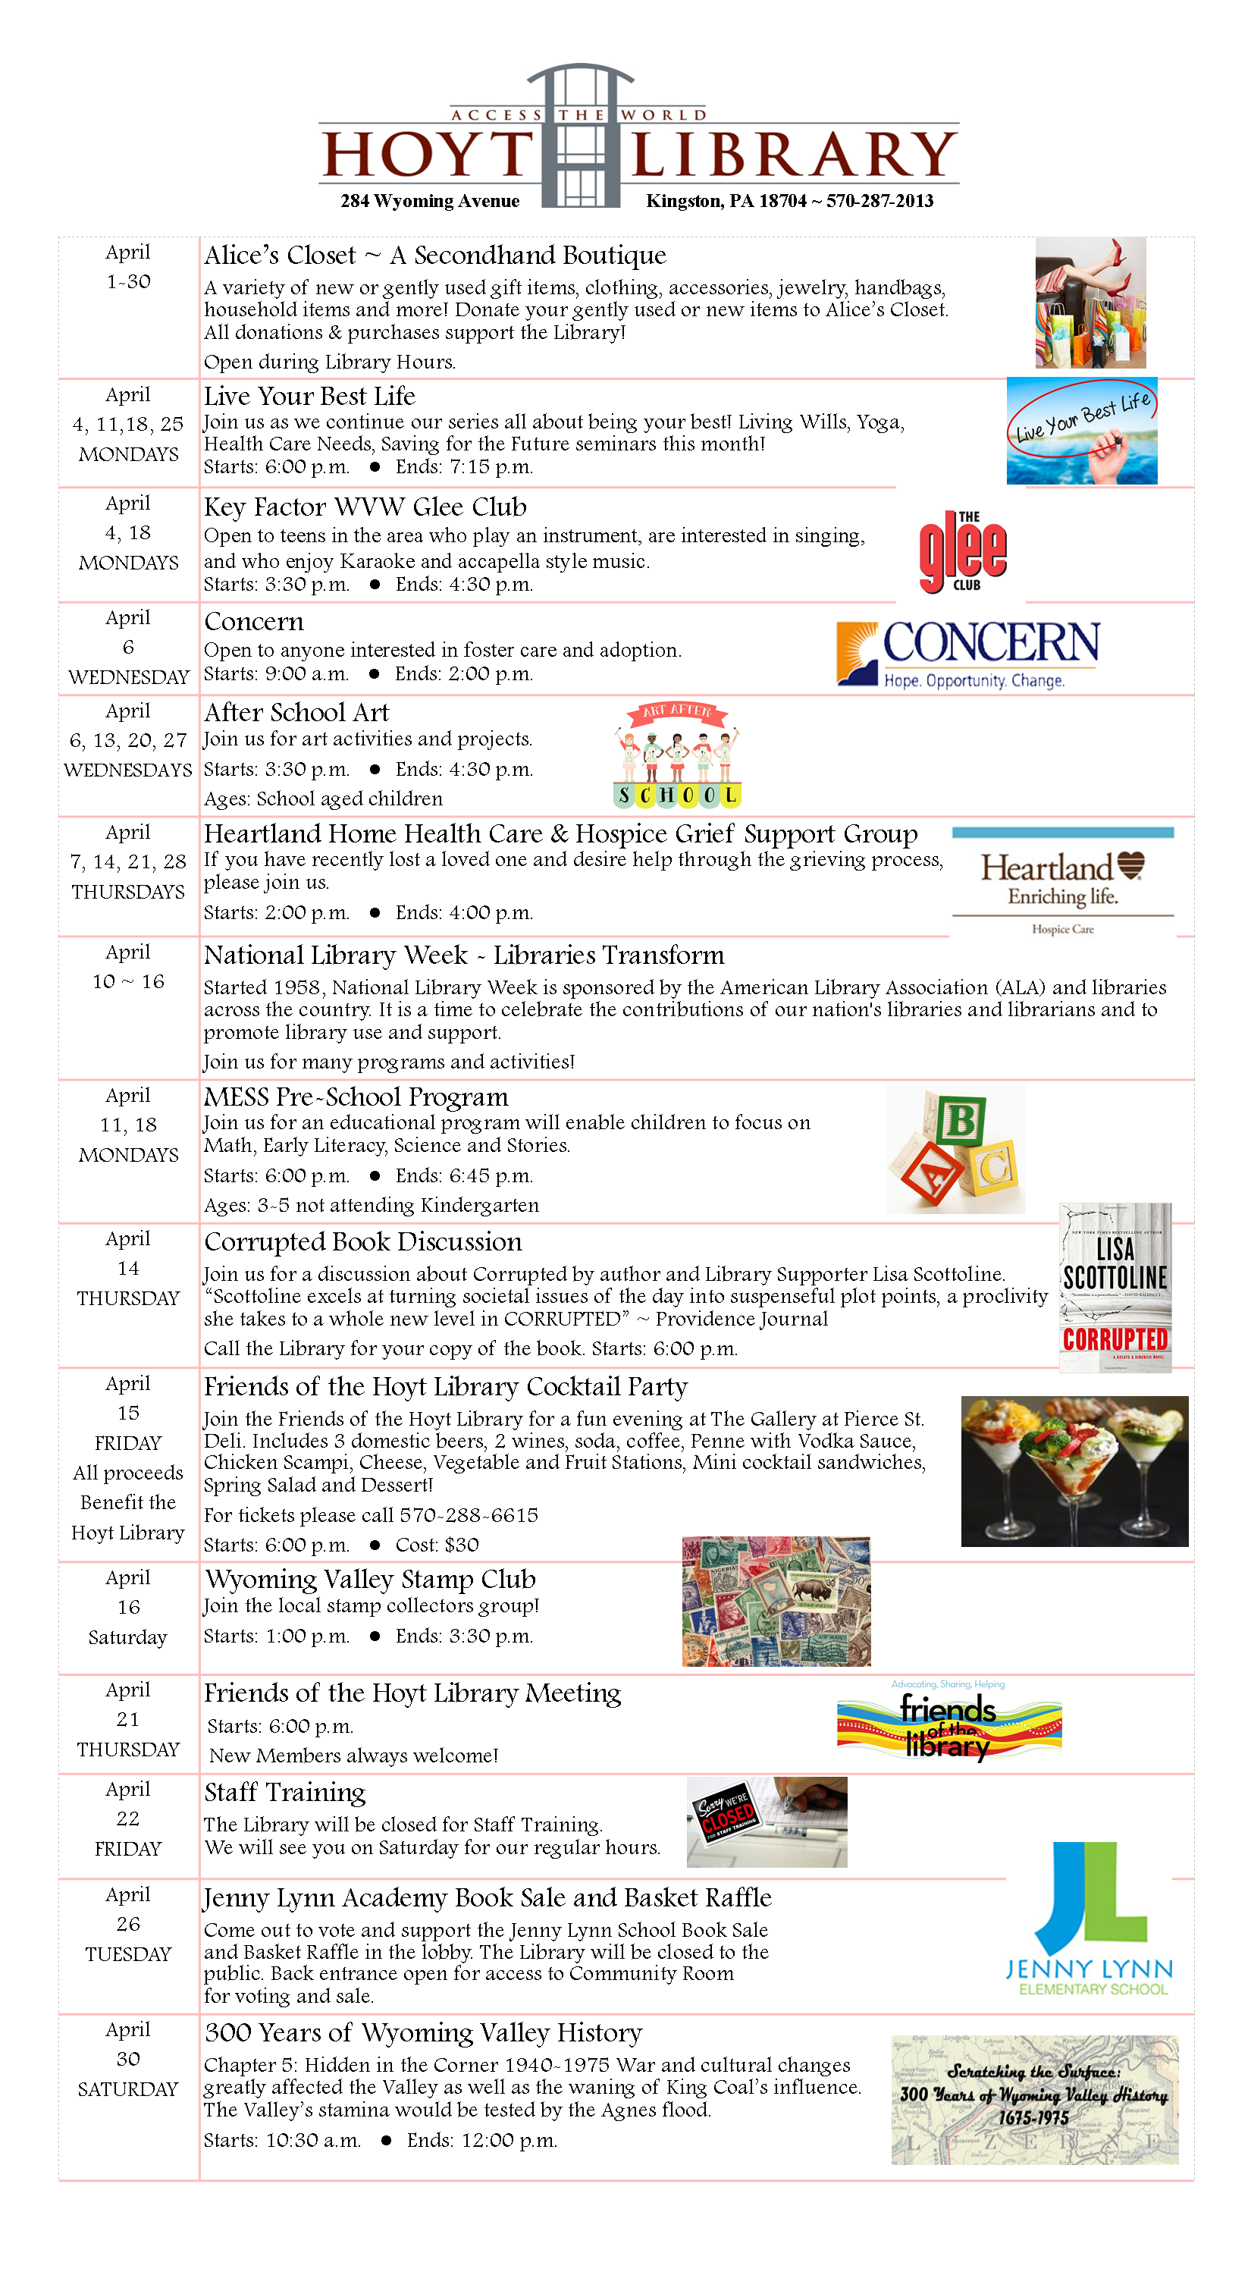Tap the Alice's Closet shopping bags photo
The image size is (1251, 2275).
tap(1090, 303)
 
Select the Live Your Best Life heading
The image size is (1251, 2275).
tap(309, 397)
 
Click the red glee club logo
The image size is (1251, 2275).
tap(962, 552)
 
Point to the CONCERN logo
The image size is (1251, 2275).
tap(967, 653)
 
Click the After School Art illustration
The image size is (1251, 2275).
tap(677, 755)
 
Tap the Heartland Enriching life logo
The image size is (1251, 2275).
tap(1062, 880)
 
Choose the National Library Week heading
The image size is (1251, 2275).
tap(463, 955)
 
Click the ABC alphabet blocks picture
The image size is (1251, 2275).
tap(955, 1150)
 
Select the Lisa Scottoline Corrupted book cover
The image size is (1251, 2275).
tap(1115, 1288)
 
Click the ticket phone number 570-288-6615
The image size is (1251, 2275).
tap(469, 1515)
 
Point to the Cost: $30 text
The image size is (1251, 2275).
tap(437, 1545)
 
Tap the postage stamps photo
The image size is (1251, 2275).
tap(776, 1601)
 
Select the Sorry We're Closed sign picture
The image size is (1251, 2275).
tap(767, 1822)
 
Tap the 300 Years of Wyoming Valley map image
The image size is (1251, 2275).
tap(1034, 2099)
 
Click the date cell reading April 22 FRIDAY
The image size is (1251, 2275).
tap(128, 1819)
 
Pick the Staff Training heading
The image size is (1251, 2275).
tap(284, 1793)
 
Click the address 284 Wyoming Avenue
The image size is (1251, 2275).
tap(430, 202)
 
